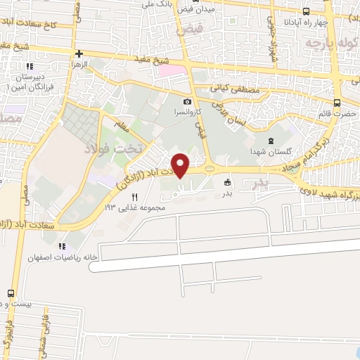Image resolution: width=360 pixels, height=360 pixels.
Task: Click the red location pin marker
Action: (x=181, y=166)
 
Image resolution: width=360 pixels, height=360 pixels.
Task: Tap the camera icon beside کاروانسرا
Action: (x=188, y=102)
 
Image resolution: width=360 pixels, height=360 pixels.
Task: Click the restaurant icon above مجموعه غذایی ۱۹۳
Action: (x=134, y=198)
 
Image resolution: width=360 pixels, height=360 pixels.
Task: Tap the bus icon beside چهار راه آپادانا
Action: (x=305, y=11)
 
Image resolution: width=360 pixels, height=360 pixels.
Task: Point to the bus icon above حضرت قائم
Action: (x=337, y=103)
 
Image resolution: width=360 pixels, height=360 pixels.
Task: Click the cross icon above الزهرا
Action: (x=79, y=53)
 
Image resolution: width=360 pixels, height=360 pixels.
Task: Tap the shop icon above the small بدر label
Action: (x=226, y=183)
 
